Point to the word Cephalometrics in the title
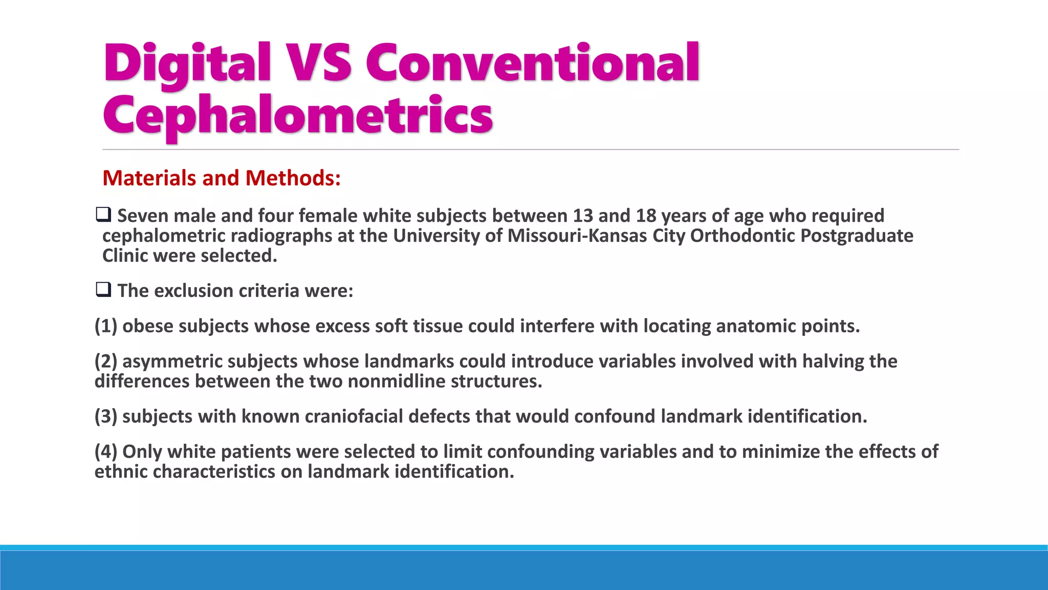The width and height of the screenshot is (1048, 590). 298,116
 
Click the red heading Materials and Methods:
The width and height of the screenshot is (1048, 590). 222,178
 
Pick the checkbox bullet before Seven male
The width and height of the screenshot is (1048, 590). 103,215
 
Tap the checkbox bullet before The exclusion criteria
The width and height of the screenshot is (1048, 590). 103,290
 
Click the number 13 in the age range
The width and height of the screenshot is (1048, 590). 582,216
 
